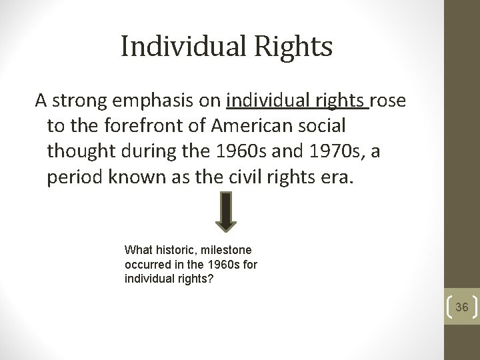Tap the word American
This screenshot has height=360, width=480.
(x=256, y=126)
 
